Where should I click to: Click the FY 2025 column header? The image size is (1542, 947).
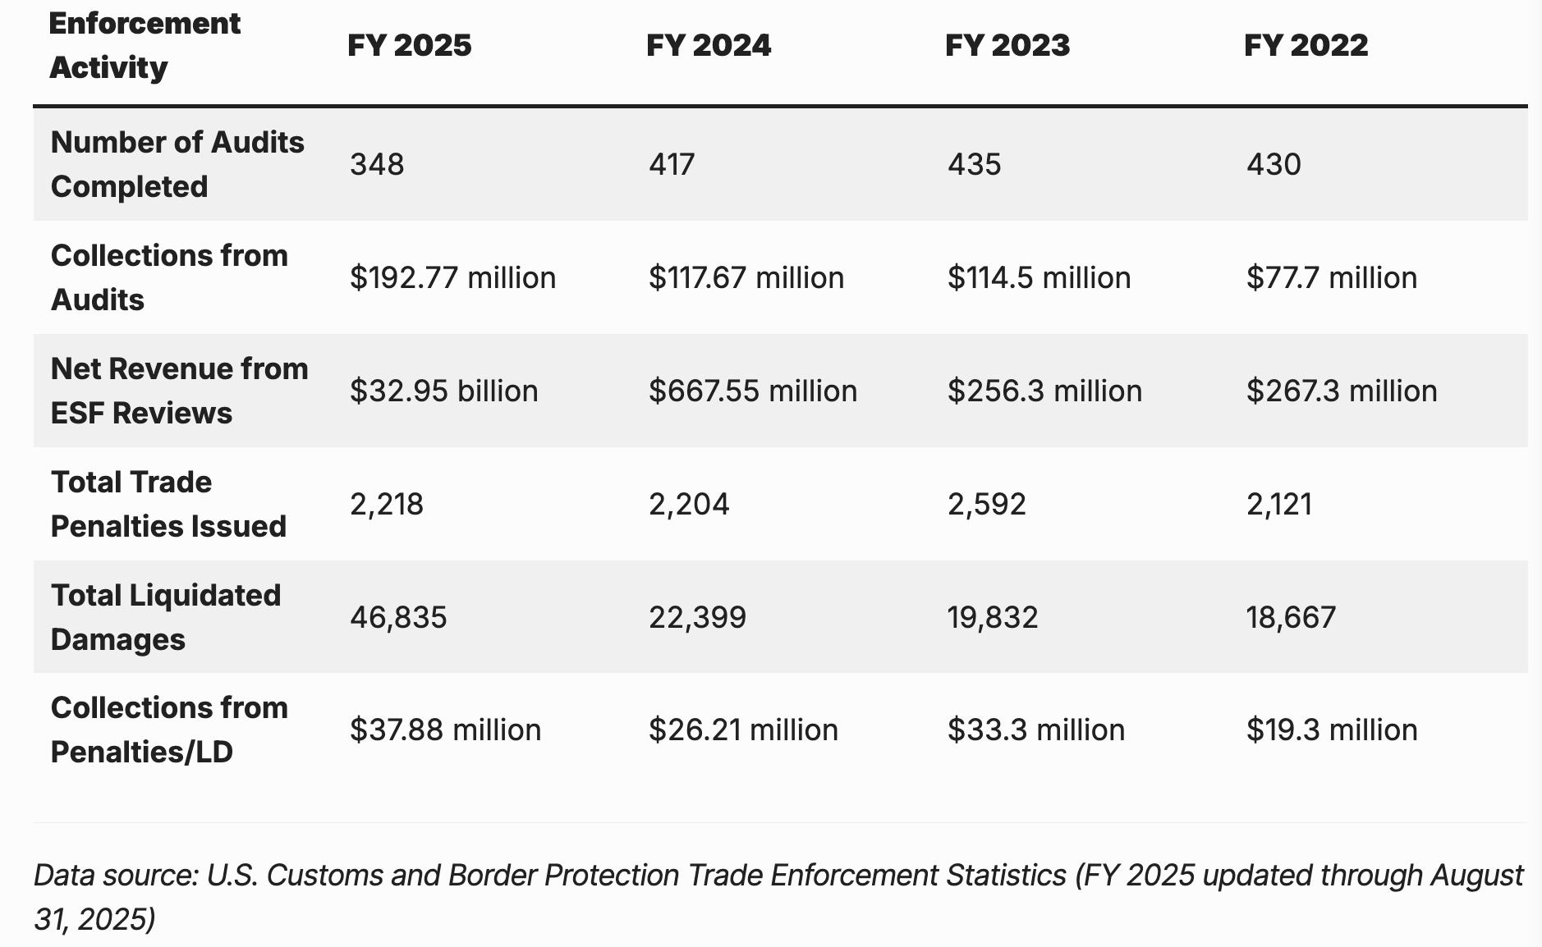click(x=409, y=45)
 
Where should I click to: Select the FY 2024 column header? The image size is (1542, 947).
click(x=708, y=45)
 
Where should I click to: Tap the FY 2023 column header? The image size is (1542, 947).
click(x=1007, y=45)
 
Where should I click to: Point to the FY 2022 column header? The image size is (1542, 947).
click(x=1306, y=45)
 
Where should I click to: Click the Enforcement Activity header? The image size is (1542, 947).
click(x=145, y=45)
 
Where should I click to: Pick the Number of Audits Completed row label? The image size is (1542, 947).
click(x=177, y=164)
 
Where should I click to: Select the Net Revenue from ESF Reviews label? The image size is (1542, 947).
click(x=179, y=391)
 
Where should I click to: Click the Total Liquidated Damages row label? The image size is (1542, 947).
click(x=166, y=617)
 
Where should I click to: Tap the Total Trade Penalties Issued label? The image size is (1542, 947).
click(x=168, y=504)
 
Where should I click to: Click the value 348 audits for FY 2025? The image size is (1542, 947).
click(x=377, y=164)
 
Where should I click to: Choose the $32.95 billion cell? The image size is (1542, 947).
click(x=443, y=391)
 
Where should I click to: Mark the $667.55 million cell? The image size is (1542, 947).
click(x=752, y=391)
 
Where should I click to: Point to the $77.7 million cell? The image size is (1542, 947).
click(x=1331, y=277)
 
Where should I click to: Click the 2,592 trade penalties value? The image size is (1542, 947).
click(x=986, y=504)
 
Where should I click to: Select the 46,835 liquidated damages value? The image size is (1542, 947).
click(x=398, y=617)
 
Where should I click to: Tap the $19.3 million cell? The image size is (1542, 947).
click(x=1331, y=730)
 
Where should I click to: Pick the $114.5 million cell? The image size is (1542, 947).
click(x=1039, y=277)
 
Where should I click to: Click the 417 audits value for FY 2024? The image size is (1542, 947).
click(x=672, y=164)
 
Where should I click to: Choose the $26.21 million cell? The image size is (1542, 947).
click(x=743, y=730)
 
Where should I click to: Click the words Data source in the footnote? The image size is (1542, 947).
click(x=116, y=876)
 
